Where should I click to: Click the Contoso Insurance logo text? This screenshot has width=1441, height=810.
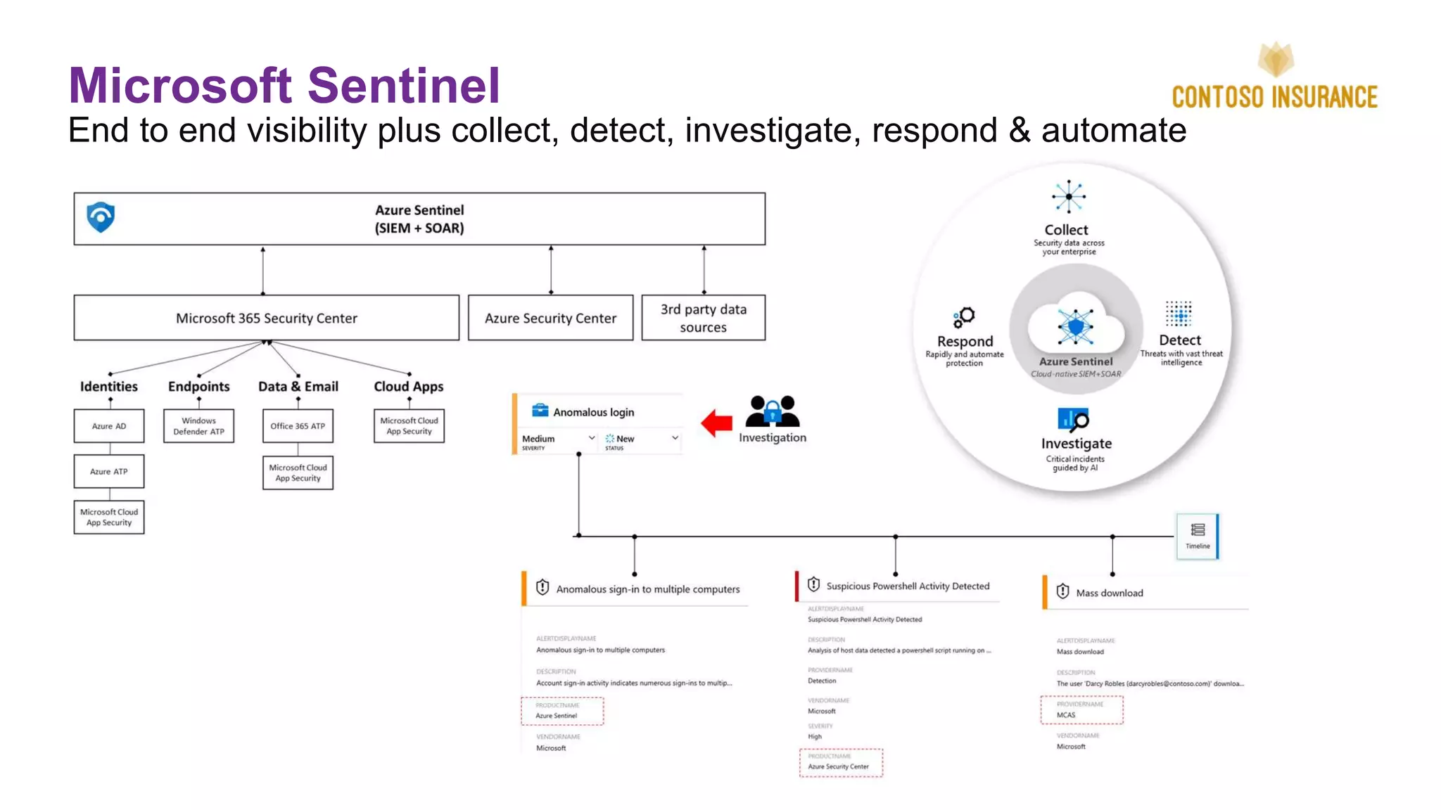coord(1274,97)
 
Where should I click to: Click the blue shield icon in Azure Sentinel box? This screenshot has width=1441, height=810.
coord(101,217)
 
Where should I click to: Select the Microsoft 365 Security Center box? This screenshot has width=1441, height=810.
coord(266,318)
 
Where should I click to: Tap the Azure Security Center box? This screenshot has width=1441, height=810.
coord(550,318)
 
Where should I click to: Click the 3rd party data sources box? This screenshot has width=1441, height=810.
coord(703,318)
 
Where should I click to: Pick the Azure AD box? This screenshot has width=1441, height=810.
coord(109,426)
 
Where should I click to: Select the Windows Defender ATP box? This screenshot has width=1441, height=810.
coord(198,426)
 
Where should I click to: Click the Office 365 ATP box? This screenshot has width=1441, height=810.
coord(298,426)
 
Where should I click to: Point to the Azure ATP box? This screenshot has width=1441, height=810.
coord(109,472)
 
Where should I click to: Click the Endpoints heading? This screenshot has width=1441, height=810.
coord(198,387)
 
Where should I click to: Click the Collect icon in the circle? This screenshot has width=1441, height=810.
coord(1068,197)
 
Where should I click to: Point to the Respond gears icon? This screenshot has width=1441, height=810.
coord(964,317)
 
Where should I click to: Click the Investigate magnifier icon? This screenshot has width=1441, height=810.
coord(1073,420)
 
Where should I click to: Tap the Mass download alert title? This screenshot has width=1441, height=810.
coord(1109,593)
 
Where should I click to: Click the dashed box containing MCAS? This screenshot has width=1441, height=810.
coord(1081,710)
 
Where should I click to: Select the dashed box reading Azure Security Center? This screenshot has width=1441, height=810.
coord(840,763)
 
